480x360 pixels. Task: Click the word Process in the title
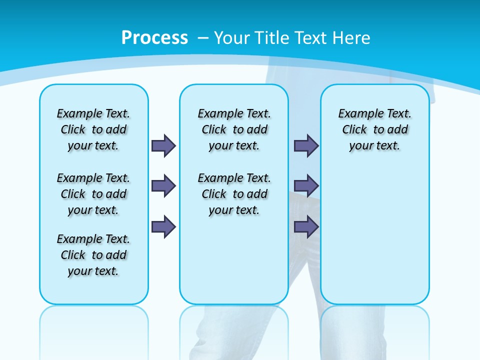(x=154, y=37)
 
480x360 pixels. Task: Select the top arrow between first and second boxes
(x=163, y=146)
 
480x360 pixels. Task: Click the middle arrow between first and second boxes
(x=163, y=186)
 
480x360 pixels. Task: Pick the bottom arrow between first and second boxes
(x=163, y=227)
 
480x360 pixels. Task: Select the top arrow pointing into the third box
(x=306, y=146)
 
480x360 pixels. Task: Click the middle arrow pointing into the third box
(x=306, y=186)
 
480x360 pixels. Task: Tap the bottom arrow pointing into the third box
(x=306, y=227)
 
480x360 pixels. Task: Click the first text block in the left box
(x=93, y=129)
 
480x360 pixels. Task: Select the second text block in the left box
(x=93, y=194)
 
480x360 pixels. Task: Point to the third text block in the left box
(x=93, y=255)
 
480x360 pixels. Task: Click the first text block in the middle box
(x=234, y=129)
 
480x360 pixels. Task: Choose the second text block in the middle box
(x=234, y=194)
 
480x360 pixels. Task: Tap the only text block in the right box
(x=375, y=129)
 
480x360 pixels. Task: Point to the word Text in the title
(x=308, y=38)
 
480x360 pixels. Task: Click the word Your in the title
(x=231, y=38)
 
